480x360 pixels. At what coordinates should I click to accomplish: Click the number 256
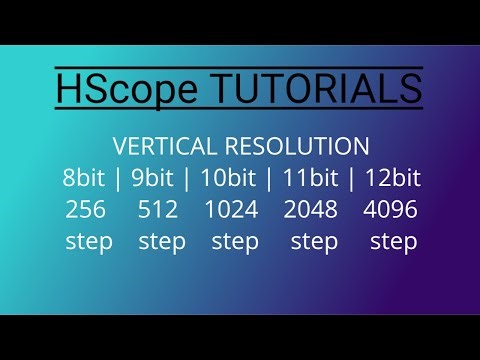tap(86, 210)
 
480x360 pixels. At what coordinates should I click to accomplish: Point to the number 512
tap(158, 210)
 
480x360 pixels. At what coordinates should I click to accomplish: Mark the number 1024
tap(231, 210)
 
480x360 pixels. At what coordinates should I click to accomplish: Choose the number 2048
tap(311, 210)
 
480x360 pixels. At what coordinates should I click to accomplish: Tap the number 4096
tap(390, 210)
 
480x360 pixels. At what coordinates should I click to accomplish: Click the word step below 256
tap(89, 242)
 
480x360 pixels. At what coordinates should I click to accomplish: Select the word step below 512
tap(162, 242)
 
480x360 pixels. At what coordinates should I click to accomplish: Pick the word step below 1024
tap(236, 242)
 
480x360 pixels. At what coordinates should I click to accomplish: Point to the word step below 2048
tap(314, 242)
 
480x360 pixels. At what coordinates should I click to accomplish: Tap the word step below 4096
tap(393, 242)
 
